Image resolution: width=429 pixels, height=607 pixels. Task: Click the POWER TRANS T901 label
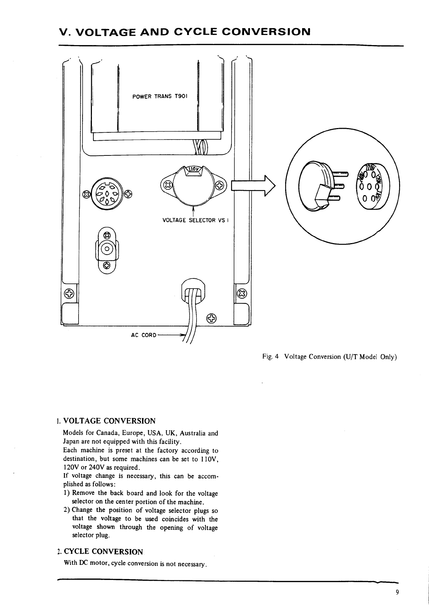click(x=159, y=96)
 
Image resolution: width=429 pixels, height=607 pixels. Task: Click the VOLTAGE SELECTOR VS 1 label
click(x=195, y=220)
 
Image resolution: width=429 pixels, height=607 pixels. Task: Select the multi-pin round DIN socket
click(x=107, y=193)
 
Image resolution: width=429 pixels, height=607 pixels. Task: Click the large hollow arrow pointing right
click(x=253, y=186)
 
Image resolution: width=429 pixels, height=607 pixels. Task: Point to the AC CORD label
click(x=143, y=335)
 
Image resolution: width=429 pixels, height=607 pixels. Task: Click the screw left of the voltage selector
click(x=168, y=186)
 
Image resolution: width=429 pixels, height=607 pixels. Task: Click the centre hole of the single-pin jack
click(x=107, y=248)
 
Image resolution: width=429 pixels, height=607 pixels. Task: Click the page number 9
click(x=397, y=592)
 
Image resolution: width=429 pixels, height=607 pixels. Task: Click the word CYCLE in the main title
click(x=195, y=32)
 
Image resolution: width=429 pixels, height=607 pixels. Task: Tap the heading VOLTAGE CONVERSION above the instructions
click(x=109, y=421)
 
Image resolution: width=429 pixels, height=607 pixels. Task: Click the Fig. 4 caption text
click(x=330, y=357)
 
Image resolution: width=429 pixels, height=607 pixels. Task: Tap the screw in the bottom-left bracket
click(x=69, y=294)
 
